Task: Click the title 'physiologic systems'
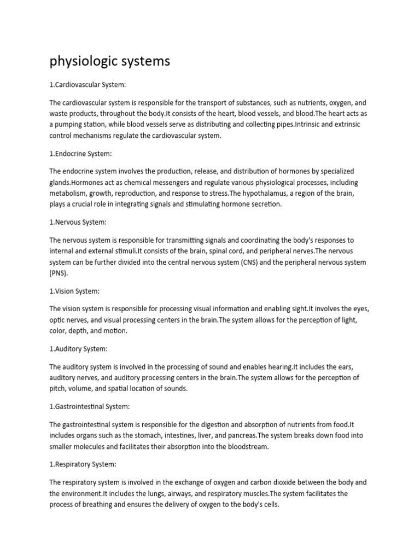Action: point(110,61)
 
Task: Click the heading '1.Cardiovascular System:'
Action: point(87,85)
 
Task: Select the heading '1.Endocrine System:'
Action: point(80,154)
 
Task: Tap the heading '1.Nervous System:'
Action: point(78,223)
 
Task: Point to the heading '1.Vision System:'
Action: point(74,291)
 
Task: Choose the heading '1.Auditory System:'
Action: point(78,348)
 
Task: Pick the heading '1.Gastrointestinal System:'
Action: point(90,406)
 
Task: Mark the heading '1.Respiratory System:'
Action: point(83,464)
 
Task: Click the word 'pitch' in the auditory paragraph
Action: point(57,389)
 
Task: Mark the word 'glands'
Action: point(60,182)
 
